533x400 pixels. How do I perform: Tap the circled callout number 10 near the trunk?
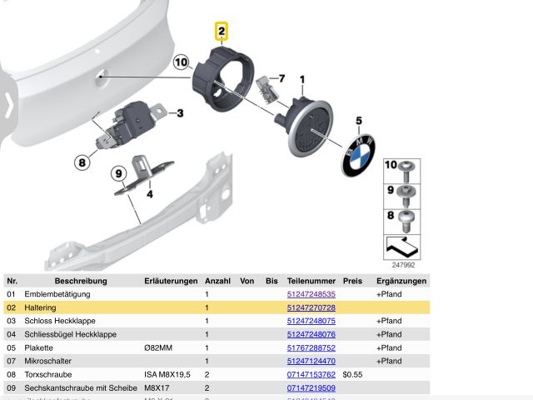click(182, 62)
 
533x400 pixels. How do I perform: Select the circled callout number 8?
click(82, 162)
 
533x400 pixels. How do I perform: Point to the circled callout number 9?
click(119, 173)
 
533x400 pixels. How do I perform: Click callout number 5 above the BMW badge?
click(359, 122)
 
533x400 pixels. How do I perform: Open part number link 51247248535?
click(311, 294)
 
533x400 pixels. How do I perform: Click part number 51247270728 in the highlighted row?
click(311, 307)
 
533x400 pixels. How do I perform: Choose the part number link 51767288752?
click(311, 347)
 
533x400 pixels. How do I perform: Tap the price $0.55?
click(352, 374)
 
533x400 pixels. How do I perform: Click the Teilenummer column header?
click(311, 281)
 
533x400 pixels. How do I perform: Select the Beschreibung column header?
click(81, 281)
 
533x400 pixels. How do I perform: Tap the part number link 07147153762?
click(311, 374)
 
